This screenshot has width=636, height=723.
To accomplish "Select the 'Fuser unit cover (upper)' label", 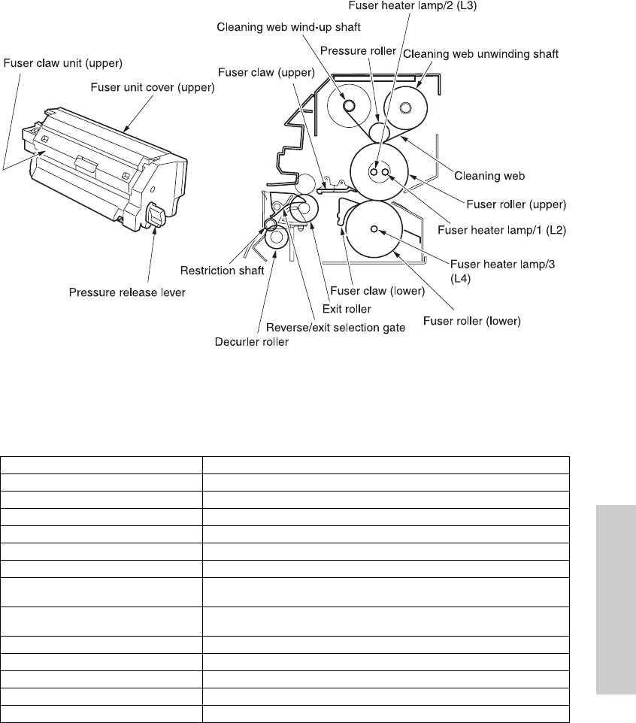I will (x=153, y=87).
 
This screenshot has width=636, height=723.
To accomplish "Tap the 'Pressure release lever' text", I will (x=127, y=292).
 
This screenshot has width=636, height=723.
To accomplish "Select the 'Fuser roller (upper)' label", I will (x=516, y=203).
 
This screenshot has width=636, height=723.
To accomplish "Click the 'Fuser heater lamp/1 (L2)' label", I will (x=516, y=231).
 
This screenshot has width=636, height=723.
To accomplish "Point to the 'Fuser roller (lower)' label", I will (x=471, y=321).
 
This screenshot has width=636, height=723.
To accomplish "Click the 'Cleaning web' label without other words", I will (x=489, y=175).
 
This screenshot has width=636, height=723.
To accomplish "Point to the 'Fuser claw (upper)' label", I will (x=262, y=72).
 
